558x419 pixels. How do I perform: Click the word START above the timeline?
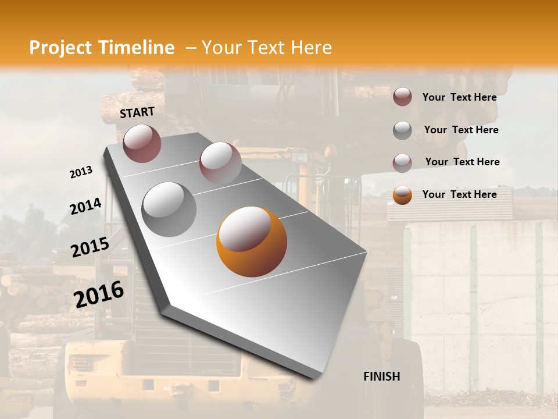point(137,112)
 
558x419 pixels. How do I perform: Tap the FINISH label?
point(382,377)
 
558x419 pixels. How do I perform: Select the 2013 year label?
point(81,172)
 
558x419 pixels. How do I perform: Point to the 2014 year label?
point(85,207)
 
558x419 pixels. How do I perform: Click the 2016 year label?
point(99,294)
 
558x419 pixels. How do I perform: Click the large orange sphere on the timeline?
point(251,242)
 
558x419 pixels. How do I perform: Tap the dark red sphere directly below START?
point(142,143)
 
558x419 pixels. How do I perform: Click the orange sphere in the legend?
point(402,195)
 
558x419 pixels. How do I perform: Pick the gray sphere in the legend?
point(402,130)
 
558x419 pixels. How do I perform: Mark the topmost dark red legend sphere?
point(402,97)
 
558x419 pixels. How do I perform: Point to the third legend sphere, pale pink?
point(402,162)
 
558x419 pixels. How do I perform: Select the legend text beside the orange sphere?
point(459,194)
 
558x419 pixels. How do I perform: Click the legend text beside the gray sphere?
point(461,130)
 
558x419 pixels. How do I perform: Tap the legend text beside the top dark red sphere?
point(459,97)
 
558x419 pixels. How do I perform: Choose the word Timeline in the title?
point(137,48)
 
